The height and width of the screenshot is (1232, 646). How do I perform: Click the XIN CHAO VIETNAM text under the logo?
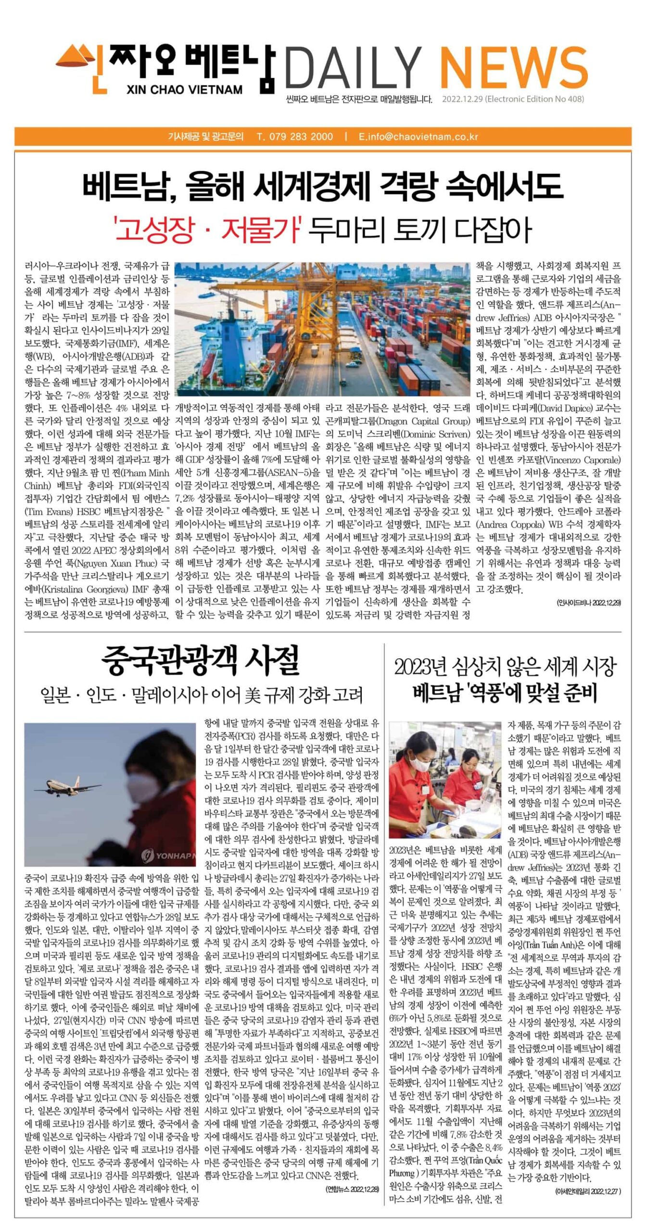185,90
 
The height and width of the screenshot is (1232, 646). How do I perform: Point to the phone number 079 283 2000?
295,137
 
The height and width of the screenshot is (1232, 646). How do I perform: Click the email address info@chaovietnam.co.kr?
418,137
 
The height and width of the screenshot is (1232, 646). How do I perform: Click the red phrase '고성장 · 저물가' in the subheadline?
207,230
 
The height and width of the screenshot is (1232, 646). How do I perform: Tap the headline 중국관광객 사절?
201,661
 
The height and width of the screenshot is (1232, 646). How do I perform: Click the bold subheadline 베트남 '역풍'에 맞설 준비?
505,693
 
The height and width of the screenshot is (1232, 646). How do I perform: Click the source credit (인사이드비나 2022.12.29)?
588,603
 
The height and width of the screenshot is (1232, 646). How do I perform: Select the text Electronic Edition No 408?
534,99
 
